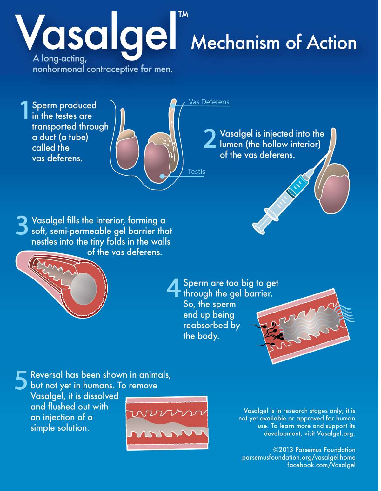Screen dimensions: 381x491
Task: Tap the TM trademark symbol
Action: point(183,14)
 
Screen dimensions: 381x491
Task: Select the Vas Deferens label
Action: point(209,102)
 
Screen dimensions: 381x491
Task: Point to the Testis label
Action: point(196,172)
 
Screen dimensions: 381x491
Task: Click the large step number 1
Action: point(24,110)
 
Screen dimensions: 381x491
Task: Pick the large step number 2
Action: point(210,139)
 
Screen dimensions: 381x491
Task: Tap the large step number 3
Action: point(22,225)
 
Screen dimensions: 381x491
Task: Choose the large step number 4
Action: point(173,288)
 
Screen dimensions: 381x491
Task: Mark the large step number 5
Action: point(21,380)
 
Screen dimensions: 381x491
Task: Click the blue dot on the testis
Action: point(162,176)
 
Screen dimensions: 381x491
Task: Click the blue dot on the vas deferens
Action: point(173,106)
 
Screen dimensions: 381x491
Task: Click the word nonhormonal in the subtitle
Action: point(58,69)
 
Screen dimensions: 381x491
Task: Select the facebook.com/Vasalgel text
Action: point(321,465)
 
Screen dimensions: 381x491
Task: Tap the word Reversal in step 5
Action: point(47,375)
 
